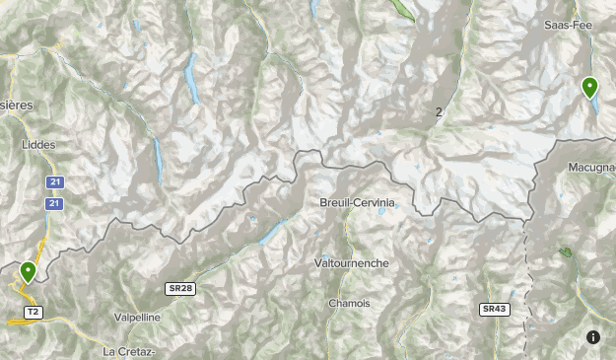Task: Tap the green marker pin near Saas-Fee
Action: point(589,88)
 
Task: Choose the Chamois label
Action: point(350,303)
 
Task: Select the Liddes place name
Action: point(39,144)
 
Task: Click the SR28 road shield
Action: point(179,287)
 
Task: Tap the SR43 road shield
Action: point(494,309)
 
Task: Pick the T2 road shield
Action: point(33,312)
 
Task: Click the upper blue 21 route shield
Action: point(56,182)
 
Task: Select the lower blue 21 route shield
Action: point(56,203)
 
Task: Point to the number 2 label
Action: point(439,112)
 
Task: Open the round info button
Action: point(593,337)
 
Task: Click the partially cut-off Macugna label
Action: point(591,168)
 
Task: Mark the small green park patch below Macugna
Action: point(565,252)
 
